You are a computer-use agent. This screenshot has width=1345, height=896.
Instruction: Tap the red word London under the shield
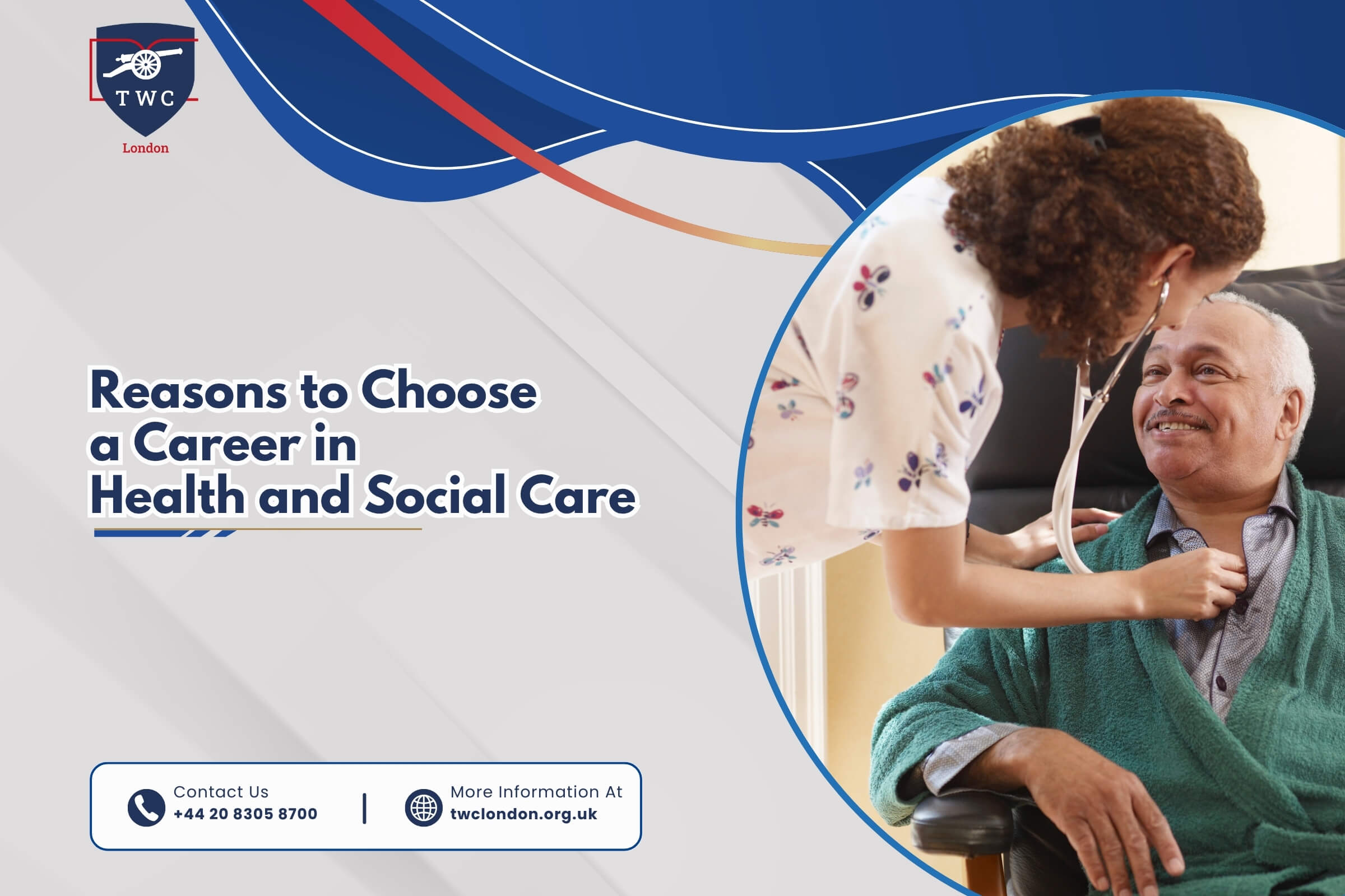coord(145,148)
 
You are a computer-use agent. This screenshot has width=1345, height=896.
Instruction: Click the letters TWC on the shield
coord(145,99)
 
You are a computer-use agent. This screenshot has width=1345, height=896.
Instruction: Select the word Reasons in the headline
coord(189,391)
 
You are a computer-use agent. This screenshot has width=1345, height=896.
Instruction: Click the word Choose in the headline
coord(449,391)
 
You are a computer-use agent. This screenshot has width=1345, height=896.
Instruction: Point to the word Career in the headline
coord(217,444)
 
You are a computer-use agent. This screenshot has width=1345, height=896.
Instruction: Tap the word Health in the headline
coord(168,495)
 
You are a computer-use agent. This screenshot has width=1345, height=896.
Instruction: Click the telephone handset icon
coord(146,808)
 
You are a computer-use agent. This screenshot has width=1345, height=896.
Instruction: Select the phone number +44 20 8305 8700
coord(245,814)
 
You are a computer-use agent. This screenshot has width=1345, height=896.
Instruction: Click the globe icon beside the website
coord(423,808)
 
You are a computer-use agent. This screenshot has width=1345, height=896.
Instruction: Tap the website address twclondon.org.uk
coord(524,814)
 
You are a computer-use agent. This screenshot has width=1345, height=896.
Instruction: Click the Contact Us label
coord(221,791)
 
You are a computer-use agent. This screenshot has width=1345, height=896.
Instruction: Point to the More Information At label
coord(536,791)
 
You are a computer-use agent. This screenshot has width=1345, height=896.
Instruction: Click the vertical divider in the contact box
coord(364,808)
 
